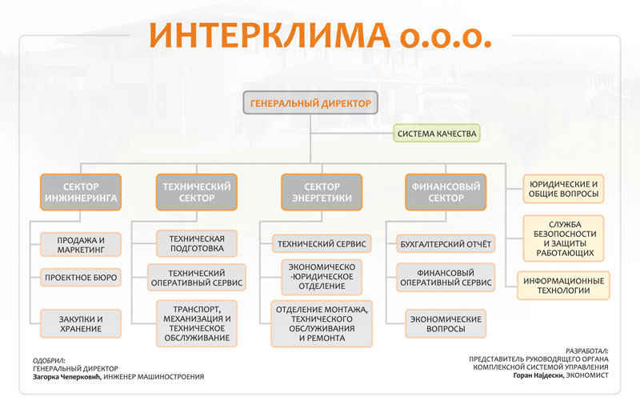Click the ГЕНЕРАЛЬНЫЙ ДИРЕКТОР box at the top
tap(310, 102)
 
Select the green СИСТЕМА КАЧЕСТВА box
tap(437, 133)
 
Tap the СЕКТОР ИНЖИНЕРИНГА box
tap(81, 192)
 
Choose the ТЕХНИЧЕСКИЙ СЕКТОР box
tap(197, 192)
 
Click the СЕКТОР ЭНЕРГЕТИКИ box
tap(322, 192)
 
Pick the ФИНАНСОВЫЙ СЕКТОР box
tap(446, 192)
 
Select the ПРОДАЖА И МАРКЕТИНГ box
tap(81, 244)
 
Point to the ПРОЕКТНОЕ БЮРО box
tap(81, 278)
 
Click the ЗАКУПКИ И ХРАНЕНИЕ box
tap(81, 323)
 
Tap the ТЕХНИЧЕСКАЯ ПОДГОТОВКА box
tap(197, 243)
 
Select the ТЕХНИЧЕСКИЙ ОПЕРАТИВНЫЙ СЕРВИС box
tap(197, 278)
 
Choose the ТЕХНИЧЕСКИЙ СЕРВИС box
tap(322, 244)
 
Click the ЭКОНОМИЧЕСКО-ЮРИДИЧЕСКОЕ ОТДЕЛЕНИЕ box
tap(322, 277)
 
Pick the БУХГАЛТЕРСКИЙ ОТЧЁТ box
tap(446, 244)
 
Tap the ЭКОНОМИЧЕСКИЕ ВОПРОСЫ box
tap(446, 323)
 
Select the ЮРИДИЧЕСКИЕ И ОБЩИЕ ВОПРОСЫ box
tap(563, 189)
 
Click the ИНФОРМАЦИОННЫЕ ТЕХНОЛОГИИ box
tap(563, 286)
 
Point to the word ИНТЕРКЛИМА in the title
tap(270, 35)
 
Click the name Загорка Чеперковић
tap(66, 377)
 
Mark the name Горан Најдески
tap(538, 375)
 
